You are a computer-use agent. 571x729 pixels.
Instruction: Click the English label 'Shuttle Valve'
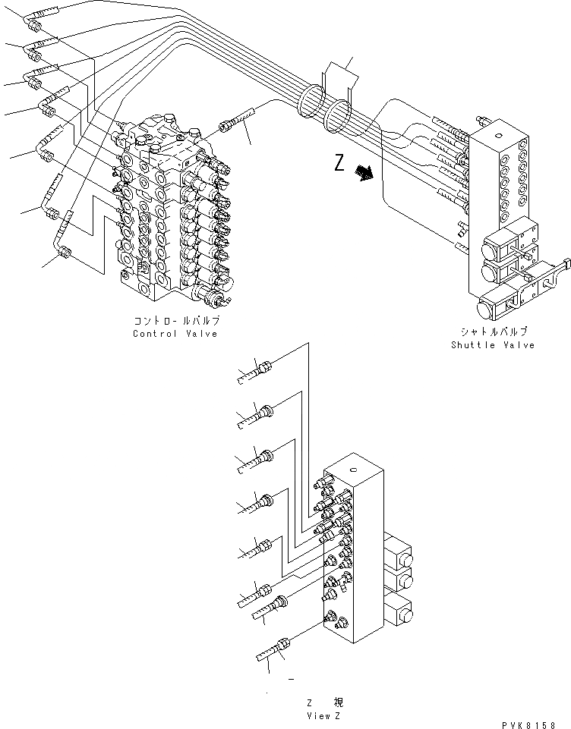(492, 345)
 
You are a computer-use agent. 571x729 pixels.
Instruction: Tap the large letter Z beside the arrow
(339, 163)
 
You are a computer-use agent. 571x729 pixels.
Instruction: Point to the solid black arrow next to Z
(365, 174)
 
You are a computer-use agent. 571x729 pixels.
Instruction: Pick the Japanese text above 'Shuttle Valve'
(494, 332)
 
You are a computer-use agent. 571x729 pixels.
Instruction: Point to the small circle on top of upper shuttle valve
(506, 134)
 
